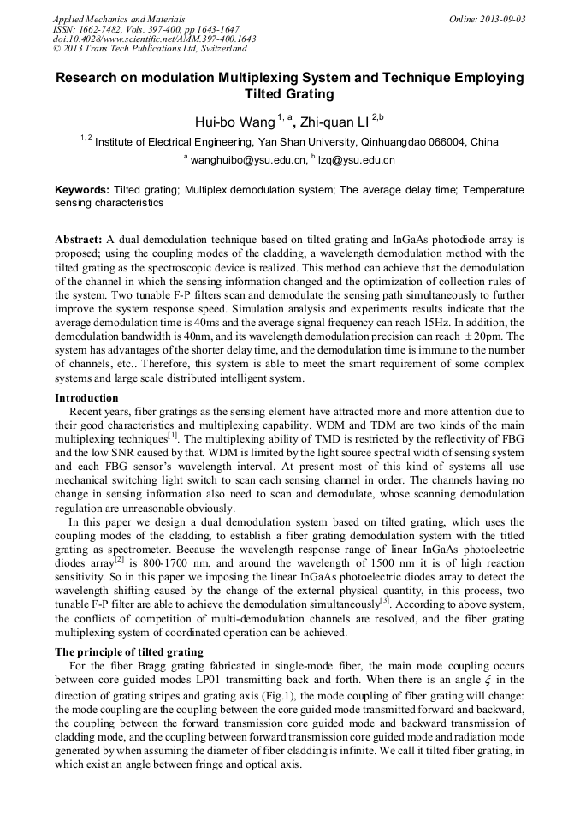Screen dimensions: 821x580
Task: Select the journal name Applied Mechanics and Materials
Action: point(119,19)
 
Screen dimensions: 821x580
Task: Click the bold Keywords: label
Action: point(82,189)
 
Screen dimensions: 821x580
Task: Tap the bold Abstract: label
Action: point(79,241)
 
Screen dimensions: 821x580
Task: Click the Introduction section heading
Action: point(86,398)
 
